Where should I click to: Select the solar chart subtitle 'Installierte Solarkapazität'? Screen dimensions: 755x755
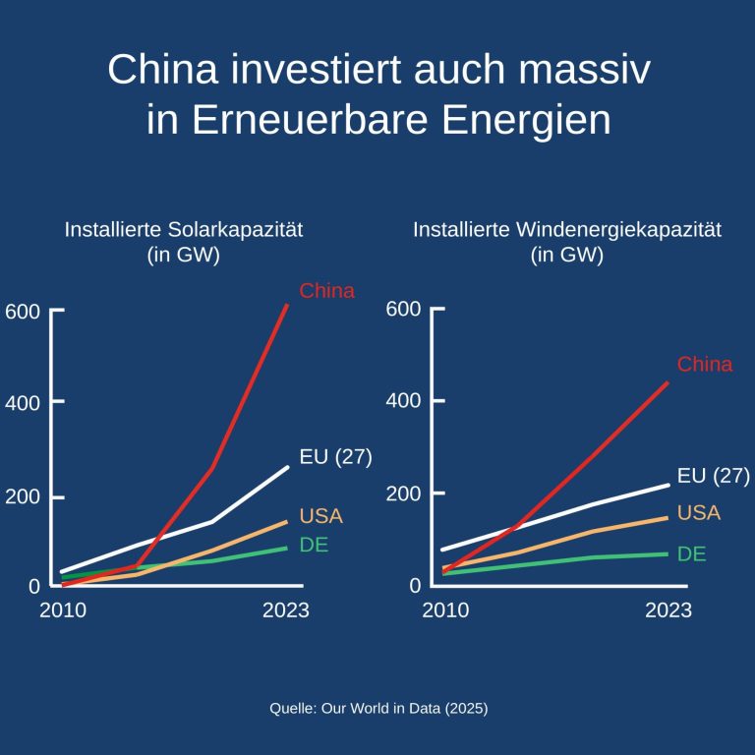(x=183, y=231)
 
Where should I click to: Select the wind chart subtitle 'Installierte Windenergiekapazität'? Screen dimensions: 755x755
(x=567, y=231)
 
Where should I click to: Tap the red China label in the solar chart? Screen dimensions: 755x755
(x=326, y=291)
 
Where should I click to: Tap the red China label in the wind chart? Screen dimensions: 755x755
(x=705, y=365)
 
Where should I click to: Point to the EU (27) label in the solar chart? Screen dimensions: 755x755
(x=335, y=458)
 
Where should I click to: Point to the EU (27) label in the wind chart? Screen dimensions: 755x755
(x=714, y=477)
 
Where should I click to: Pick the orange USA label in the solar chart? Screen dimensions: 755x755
(x=320, y=516)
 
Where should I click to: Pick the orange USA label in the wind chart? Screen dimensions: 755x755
(x=699, y=513)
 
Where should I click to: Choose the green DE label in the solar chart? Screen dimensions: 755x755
(x=314, y=546)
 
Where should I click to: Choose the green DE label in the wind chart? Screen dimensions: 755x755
(x=692, y=554)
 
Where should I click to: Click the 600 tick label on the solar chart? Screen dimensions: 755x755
(x=22, y=312)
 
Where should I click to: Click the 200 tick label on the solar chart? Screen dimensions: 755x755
(x=22, y=495)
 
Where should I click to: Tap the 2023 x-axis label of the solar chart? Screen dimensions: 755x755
(x=286, y=610)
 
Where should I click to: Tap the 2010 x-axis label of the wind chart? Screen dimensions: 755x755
(x=446, y=610)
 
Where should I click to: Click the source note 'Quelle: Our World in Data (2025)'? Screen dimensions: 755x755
(x=378, y=708)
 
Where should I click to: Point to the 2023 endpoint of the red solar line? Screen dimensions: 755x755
(x=287, y=305)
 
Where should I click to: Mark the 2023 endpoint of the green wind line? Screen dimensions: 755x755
(x=668, y=553)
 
